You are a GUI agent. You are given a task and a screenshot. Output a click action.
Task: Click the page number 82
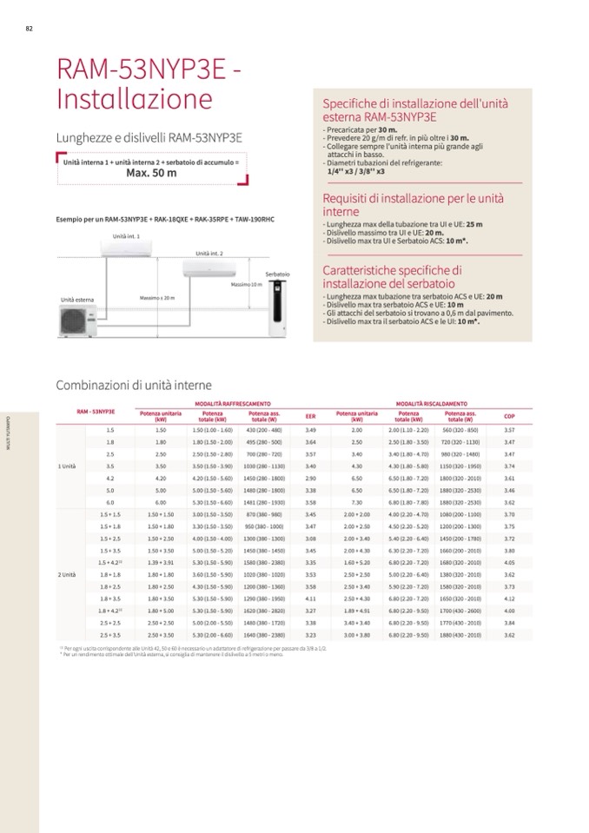pyautogui.click(x=29, y=28)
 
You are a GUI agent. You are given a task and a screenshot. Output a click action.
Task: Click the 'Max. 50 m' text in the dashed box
pyautogui.click(x=151, y=173)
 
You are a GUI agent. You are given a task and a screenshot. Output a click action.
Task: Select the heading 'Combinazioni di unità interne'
pyautogui.click(x=134, y=385)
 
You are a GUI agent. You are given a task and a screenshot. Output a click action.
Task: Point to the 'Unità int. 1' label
pyautogui.click(x=126, y=235)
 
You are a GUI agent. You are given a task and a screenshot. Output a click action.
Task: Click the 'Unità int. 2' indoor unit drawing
pyautogui.click(x=209, y=268)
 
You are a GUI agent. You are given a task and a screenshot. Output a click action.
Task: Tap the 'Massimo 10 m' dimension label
pyautogui.click(x=246, y=285)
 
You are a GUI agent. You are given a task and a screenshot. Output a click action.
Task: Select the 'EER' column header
pyautogui.click(x=311, y=416)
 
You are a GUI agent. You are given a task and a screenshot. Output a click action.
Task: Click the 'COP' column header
pyautogui.click(x=509, y=416)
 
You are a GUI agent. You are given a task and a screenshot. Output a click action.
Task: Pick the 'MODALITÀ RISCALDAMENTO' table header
pyautogui.click(x=431, y=404)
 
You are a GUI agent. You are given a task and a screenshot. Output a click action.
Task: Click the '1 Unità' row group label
pyautogui.click(x=67, y=466)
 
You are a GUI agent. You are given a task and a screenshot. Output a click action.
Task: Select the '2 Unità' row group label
pyautogui.click(x=67, y=575)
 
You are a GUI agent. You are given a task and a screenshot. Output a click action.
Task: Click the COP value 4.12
pyautogui.click(x=509, y=599)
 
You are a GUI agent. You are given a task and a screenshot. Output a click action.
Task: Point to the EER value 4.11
pyautogui.click(x=311, y=599)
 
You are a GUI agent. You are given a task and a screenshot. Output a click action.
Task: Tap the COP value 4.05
pyautogui.click(x=509, y=563)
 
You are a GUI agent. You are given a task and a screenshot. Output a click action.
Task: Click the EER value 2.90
pyautogui.click(x=311, y=479)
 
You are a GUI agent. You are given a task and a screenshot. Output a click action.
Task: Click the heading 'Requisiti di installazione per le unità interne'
pyautogui.click(x=413, y=205)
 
